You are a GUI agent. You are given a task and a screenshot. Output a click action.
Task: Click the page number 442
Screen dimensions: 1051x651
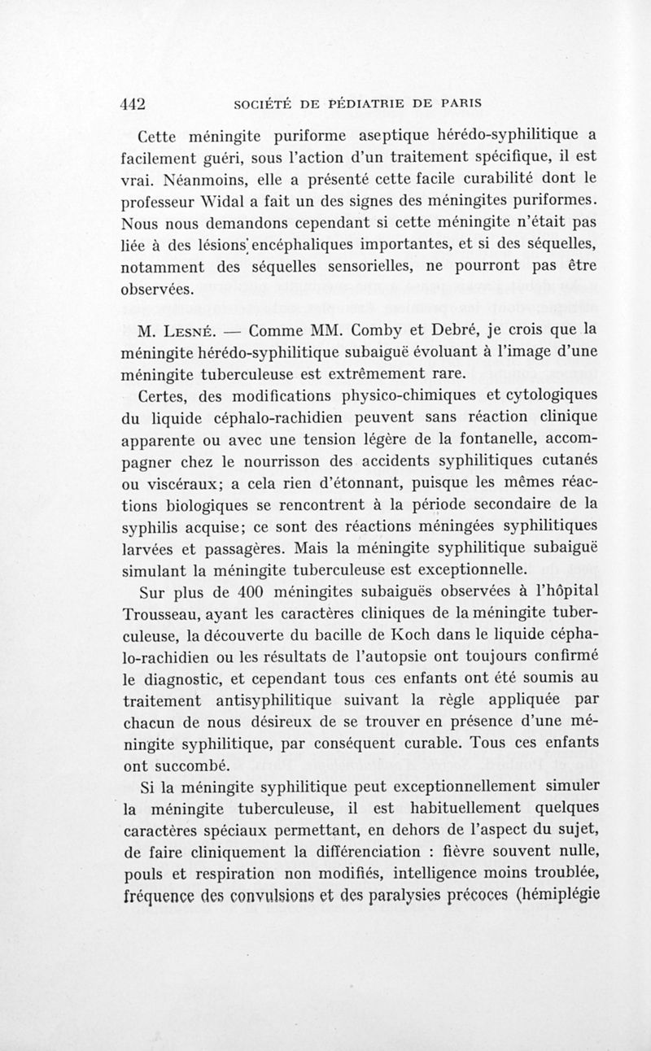(x=132, y=103)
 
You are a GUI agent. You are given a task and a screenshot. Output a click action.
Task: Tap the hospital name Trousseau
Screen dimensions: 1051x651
(x=168, y=616)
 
